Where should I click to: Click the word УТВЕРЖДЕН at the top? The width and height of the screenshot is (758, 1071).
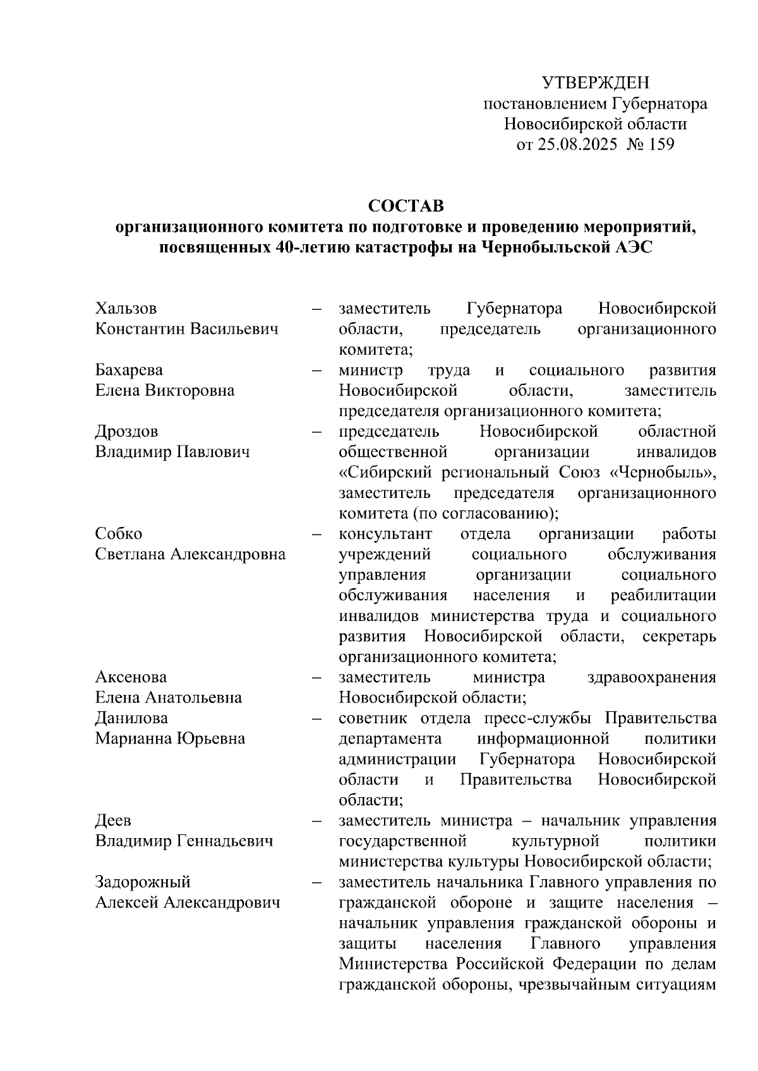595,83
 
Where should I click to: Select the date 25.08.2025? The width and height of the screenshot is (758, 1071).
576,145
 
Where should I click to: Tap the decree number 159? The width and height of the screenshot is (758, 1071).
660,145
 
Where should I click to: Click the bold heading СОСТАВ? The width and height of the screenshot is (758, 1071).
406,206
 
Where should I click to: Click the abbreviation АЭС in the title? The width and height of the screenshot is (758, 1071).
633,247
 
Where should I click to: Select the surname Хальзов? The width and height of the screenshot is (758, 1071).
126,309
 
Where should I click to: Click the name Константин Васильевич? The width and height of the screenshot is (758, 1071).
186,329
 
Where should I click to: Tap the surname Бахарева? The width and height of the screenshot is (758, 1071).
129,370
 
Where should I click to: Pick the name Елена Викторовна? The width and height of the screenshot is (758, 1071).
164,390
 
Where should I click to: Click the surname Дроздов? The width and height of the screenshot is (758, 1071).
126,432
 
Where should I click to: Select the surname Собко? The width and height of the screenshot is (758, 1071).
118,534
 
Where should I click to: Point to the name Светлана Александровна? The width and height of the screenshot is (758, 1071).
190,554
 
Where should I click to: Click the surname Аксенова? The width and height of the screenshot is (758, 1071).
131,677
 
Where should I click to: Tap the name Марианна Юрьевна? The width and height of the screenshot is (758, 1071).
170,738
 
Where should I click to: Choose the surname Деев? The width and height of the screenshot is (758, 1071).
113,820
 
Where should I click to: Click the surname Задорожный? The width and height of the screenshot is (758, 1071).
143,882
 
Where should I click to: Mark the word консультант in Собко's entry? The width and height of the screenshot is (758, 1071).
385,534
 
